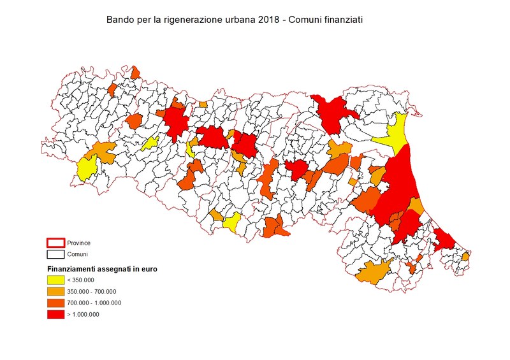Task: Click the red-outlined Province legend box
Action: [x=55, y=243]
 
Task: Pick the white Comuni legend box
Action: [x=55, y=254]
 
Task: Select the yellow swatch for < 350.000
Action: [x=55, y=280]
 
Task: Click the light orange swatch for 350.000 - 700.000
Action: [x=55, y=291]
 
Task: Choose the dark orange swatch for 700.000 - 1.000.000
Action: [x=55, y=303]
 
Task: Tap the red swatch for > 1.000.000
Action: [x=55, y=314]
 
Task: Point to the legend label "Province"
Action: [x=78, y=243]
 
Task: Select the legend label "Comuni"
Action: [x=77, y=254]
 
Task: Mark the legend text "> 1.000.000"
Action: [x=83, y=314]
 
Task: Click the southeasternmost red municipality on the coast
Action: [x=443, y=240]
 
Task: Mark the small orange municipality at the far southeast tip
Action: [x=465, y=256]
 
